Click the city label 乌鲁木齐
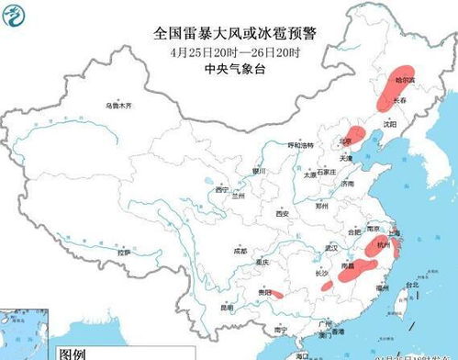[x=118, y=106]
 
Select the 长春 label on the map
[x=400, y=99]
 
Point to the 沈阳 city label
[x=390, y=122]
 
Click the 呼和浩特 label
[x=301, y=144]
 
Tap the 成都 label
[x=240, y=249]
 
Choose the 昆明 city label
[x=226, y=307]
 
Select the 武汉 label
[x=331, y=248]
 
